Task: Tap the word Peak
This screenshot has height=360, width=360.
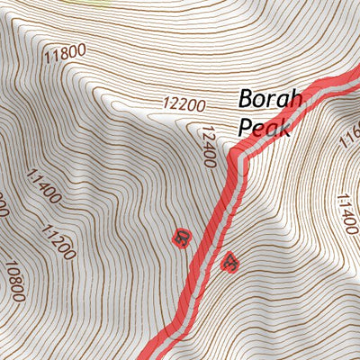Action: pos(265,128)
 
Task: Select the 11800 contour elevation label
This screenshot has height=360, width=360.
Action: pos(65,53)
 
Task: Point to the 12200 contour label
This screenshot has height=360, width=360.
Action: pos(185,104)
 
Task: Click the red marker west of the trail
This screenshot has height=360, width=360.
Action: pos(183,238)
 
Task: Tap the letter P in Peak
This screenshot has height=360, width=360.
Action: pos(246,128)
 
